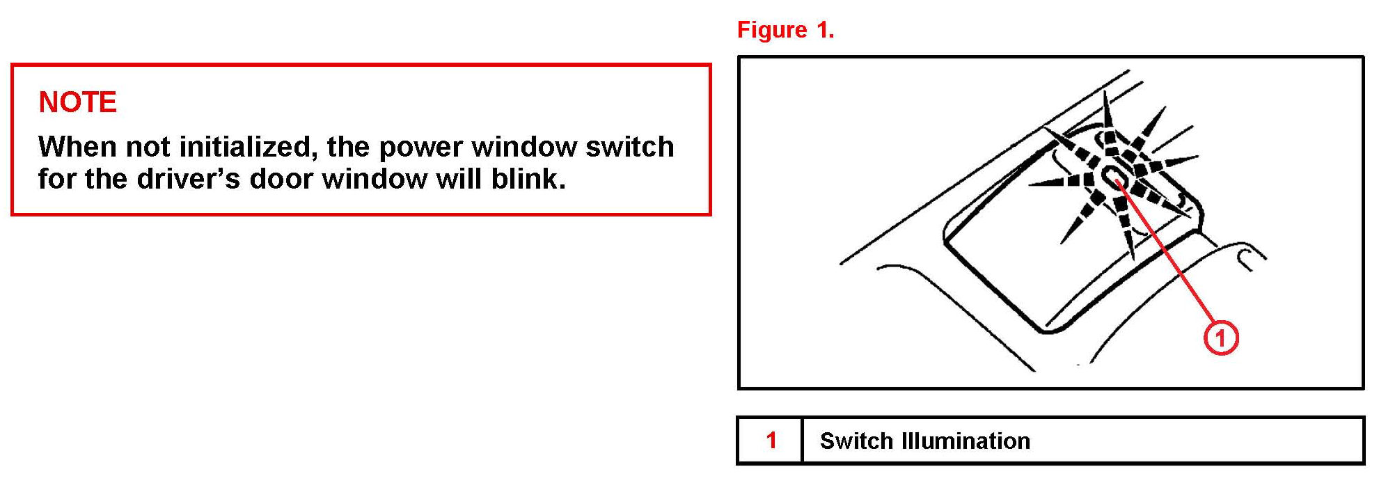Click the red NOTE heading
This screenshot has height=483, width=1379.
pos(77,102)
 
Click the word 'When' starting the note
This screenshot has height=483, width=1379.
pos(77,147)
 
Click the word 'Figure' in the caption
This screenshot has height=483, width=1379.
pos(771,30)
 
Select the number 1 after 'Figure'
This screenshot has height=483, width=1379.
pos(825,30)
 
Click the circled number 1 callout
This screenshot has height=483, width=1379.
pos(1220,338)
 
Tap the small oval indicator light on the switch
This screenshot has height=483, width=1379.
pos(1112,177)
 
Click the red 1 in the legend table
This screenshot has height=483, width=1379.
pos(771,440)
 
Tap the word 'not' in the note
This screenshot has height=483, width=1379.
pos(148,147)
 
